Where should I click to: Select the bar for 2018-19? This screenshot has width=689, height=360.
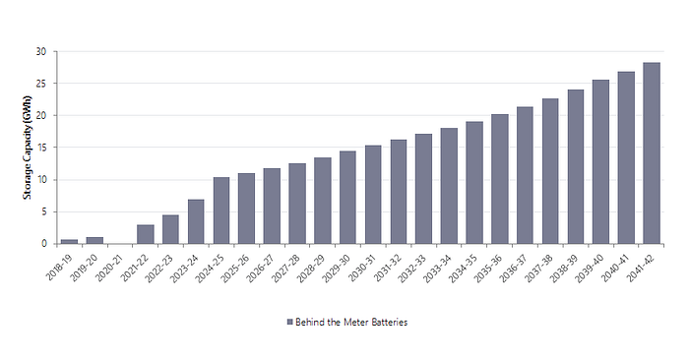coord(70,241)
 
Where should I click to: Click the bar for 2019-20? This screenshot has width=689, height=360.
coord(94,241)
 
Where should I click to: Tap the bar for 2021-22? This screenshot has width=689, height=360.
coord(146,234)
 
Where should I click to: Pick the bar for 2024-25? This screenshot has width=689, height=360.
coord(221,210)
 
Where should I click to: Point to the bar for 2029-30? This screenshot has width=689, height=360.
coord(348,197)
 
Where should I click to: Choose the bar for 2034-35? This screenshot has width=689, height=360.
coord(474,183)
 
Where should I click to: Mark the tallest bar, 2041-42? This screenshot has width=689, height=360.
coord(652,153)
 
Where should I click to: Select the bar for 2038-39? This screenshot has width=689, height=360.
coord(576,167)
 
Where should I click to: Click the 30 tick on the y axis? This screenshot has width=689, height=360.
coord(41,52)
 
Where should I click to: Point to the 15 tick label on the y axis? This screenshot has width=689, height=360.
coord(41,148)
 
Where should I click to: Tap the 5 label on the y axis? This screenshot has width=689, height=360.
coord(44,211)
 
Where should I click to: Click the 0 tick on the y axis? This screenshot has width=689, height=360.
coord(44,244)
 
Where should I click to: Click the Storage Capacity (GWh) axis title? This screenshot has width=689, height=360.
coord(28,148)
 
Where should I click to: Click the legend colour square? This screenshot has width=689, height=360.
coord(290,322)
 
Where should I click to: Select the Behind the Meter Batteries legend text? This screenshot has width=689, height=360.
coord(351,323)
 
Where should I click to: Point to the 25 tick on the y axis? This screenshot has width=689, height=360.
coord(41,84)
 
